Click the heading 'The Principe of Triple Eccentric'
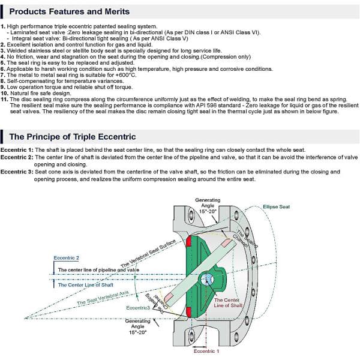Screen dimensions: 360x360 pyautogui.click(x=72, y=137)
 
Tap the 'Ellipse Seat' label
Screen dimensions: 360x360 pyautogui.click(x=276, y=207)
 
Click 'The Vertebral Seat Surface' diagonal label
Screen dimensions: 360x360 pyautogui.click(x=148, y=251)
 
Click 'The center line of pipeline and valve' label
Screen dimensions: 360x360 pyautogui.click(x=98, y=270)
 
